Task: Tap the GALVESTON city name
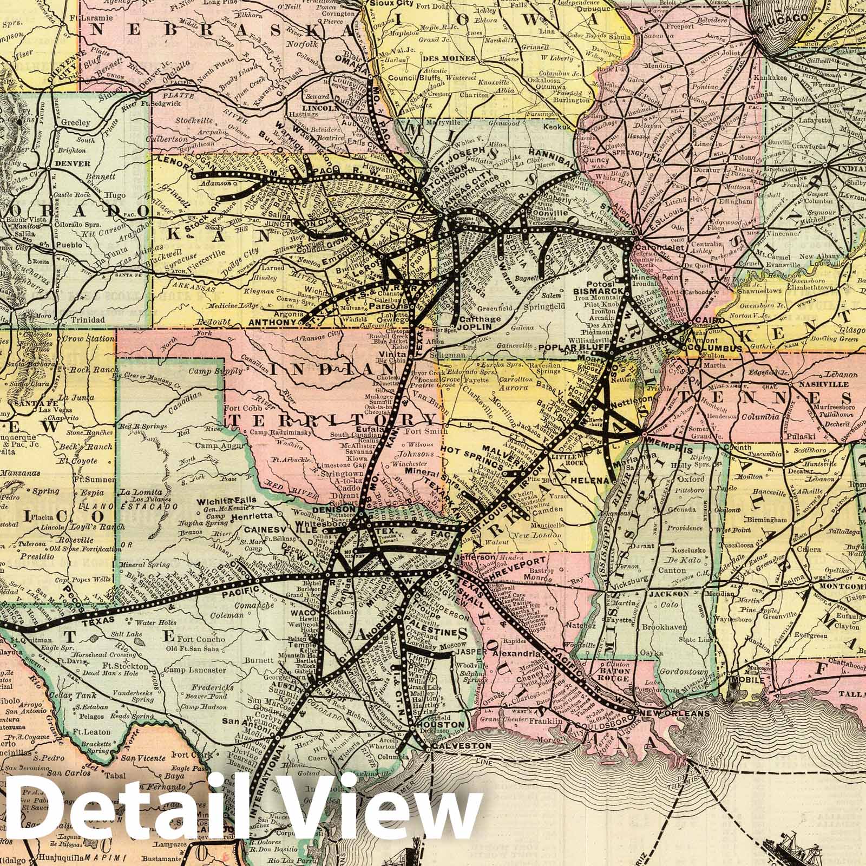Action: click(453, 746)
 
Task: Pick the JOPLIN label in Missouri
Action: click(472, 327)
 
